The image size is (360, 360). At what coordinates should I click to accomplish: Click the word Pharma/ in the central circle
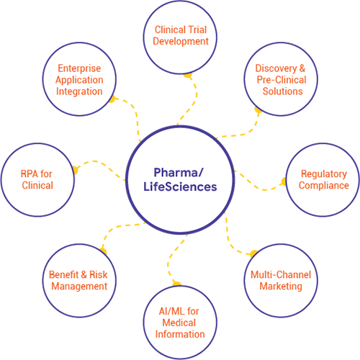tap(179, 172)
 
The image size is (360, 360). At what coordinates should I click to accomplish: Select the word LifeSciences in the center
tap(180, 186)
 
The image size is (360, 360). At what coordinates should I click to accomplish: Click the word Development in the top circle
tap(181, 42)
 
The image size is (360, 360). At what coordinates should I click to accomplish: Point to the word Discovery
tap(276, 68)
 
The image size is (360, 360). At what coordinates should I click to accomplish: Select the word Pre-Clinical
tap(282, 80)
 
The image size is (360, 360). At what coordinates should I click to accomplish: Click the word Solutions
tap(282, 91)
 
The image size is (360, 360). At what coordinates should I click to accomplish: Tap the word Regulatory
tap(324, 174)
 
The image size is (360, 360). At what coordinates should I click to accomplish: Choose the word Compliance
tap(324, 186)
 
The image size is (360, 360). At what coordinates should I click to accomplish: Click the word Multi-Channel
tap(281, 274)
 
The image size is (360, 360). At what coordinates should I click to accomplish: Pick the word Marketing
tap(281, 287)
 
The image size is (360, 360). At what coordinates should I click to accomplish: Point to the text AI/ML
tap(171, 311)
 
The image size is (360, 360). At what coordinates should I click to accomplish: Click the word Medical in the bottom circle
tap(179, 323)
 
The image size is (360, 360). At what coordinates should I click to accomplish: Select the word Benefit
tap(63, 274)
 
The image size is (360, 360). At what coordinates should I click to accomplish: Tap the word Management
tap(79, 287)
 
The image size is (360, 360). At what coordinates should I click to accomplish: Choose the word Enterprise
tap(79, 68)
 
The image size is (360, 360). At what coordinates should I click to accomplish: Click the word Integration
tap(79, 91)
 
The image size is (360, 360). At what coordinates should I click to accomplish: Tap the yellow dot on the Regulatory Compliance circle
tap(284, 181)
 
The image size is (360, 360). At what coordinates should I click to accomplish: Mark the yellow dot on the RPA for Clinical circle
tap(75, 170)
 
